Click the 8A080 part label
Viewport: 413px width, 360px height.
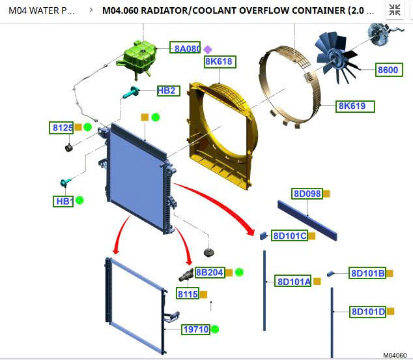pos(186,48)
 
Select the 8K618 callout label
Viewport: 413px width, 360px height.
pos(219,62)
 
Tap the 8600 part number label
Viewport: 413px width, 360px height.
pos(388,70)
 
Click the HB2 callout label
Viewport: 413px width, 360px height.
pos(167,91)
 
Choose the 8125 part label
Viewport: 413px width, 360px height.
pos(62,128)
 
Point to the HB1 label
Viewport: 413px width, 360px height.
pos(63,202)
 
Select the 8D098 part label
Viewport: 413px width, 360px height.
pos(307,194)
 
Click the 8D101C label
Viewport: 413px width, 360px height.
pos(289,235)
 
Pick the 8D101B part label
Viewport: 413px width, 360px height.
pos(367,273)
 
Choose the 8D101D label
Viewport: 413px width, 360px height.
pos(368,312)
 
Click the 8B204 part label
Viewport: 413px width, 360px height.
pos(209,273)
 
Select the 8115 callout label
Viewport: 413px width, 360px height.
pos(188,294)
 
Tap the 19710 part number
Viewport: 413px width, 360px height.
pos(195,329)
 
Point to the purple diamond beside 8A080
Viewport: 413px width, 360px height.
pos(208,49)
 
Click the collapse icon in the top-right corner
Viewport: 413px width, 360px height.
pos(395,10)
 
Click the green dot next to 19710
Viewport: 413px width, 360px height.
pos(215,329)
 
